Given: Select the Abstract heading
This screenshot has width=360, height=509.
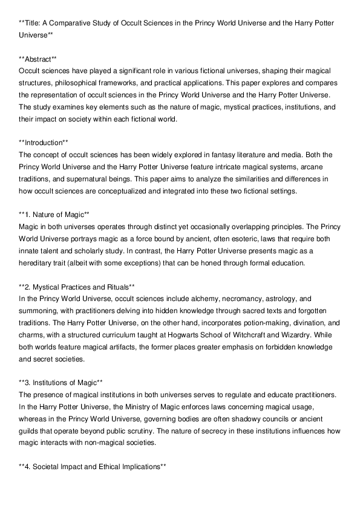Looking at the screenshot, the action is tap(38, 59).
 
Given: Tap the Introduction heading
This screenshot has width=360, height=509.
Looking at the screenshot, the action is tap(44, 143).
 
